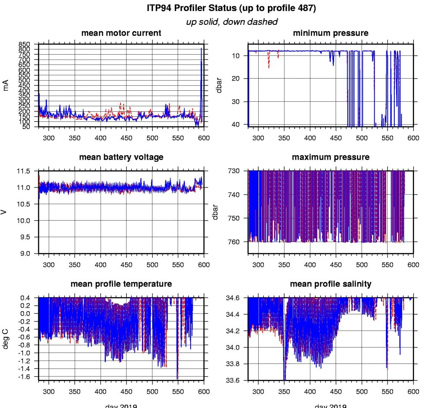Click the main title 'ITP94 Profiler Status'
click(231, 8)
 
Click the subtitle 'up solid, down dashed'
click(231, 22)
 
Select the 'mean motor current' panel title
click(121, 33)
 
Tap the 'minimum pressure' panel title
click(330, 33)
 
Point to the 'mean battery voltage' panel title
click(121, 157)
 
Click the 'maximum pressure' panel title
click(330, 157)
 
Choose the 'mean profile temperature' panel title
click(121, 284)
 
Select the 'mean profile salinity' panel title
click(330, 284)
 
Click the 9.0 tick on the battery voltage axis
click(26, 253)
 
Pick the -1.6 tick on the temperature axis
click(26, 376)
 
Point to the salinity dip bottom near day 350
click(285, 379)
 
